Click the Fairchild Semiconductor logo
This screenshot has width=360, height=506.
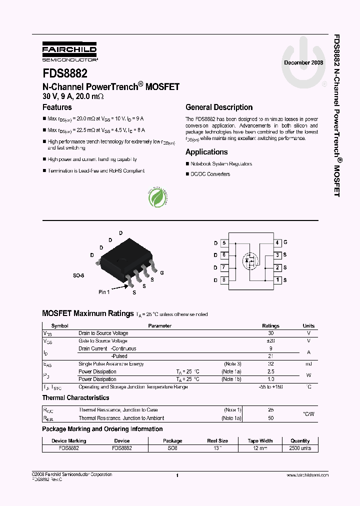coord(69,52)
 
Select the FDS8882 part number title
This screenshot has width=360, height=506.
coord(65,73)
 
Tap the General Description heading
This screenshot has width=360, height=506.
coord(219,107)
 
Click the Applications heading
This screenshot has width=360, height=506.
coord(206,152)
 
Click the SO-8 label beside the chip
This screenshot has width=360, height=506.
coord(78,275)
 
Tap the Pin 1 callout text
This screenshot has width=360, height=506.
coord(104,291)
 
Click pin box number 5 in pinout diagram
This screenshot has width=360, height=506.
coord(224,243)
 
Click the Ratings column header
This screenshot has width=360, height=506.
coord(270,325)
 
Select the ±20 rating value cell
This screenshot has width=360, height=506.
coord(270,340)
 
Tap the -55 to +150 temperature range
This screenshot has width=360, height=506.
coord(270,387)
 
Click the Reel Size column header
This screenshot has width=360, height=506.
coord(217,441)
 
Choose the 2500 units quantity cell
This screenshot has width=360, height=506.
coord(300,448)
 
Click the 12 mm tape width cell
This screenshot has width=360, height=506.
coord(260,448)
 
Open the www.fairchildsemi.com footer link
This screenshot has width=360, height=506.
coord(308,475)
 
